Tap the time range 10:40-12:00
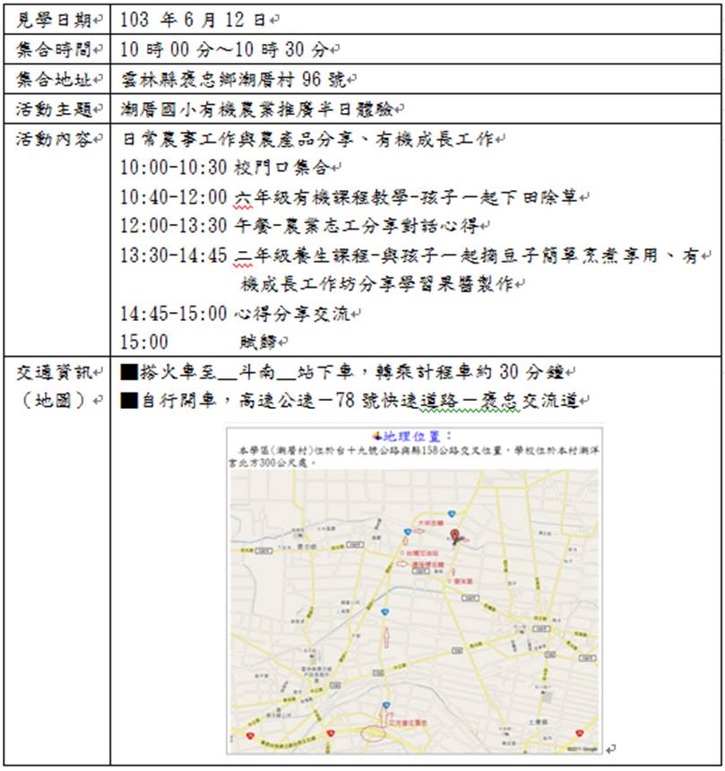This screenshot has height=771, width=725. (174, 196)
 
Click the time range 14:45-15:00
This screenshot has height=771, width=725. (174, 314)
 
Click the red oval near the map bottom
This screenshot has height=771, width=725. (372, 733)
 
